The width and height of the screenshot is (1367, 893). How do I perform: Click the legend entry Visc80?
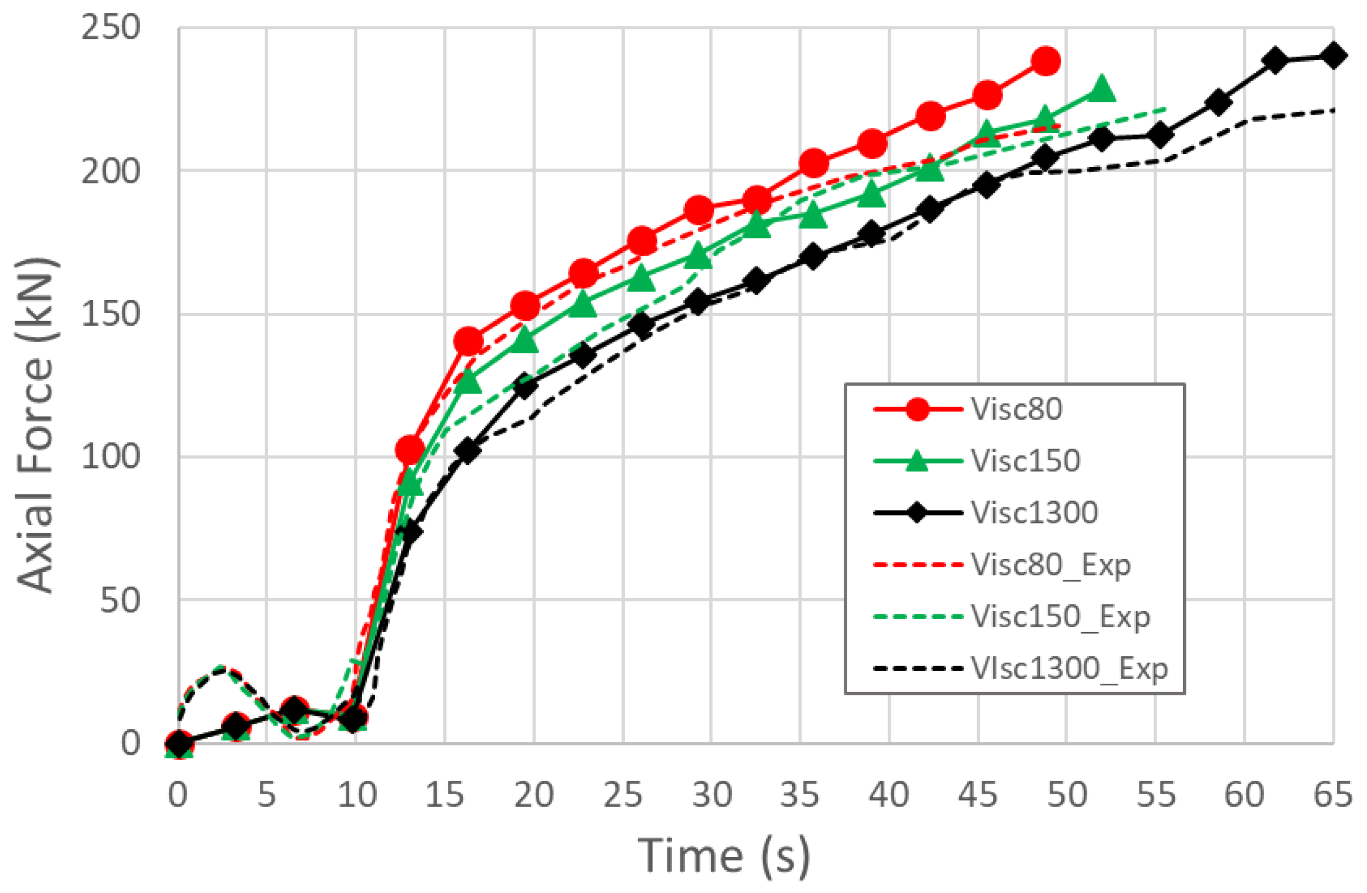coord(1016,409)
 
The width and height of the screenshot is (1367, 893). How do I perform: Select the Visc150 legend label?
coord(1025,461)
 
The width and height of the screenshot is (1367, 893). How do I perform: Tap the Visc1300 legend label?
coord(1034,513)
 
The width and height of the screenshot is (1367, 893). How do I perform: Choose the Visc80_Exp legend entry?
coord(1050,565)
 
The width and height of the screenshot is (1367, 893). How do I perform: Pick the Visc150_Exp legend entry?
coord(1059,617)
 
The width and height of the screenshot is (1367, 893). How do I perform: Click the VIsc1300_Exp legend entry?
coord(1068,668)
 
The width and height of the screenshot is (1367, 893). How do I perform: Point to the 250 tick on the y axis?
coord(111,28)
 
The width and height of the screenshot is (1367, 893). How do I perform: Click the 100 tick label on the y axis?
coord(111,457)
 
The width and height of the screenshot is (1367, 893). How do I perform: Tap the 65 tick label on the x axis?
coord(1333,795)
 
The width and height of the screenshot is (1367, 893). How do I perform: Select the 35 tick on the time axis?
coord(800,795)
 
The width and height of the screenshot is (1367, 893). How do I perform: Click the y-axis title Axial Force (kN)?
coord(36,424)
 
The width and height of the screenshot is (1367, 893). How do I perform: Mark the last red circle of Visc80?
coord(1045,61)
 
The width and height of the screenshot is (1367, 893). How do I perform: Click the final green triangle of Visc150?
coord(1101,89)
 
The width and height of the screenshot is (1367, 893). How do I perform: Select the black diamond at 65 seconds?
coord(1333,56)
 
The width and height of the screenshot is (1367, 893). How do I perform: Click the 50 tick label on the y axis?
coord(120,600)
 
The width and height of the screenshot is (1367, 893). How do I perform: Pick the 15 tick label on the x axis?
coord(444,795)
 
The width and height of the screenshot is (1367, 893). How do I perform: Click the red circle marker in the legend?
coord(917,409)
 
